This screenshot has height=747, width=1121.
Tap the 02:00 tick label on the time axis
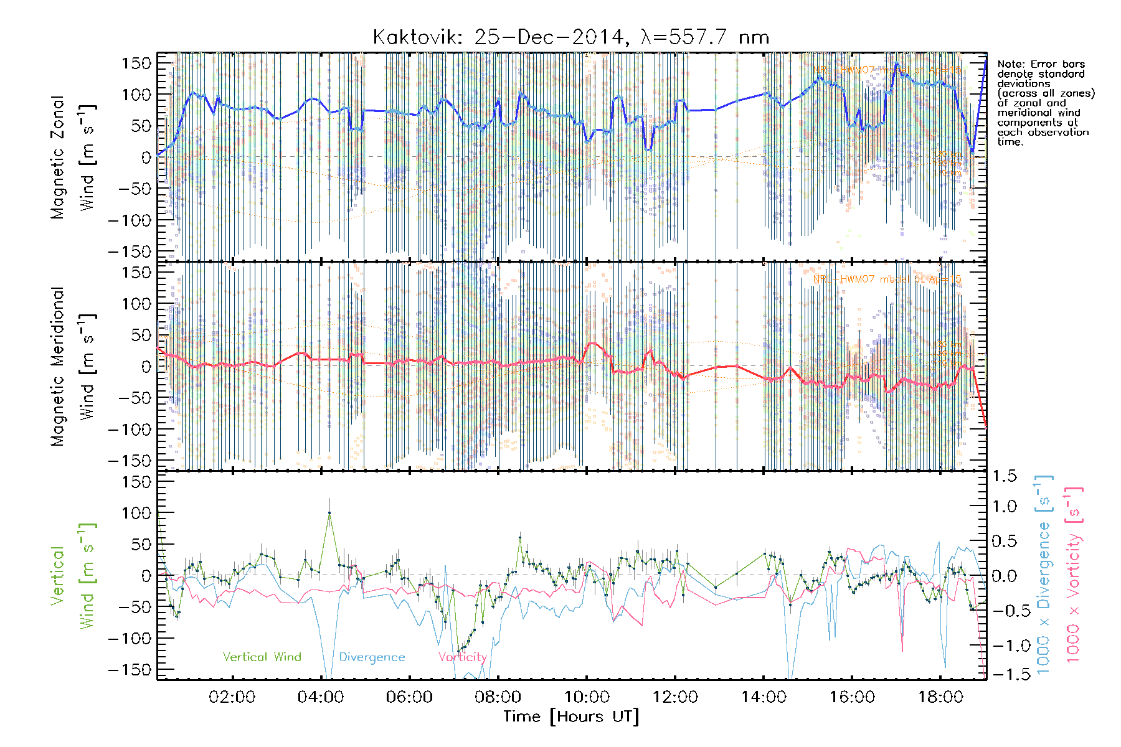[232, 697]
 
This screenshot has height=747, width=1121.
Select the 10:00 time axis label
[587, 697]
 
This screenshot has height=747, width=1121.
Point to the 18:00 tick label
[940, 697]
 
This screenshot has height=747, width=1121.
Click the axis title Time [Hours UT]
[571, 716]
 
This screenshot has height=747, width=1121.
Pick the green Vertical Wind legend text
[262, 657]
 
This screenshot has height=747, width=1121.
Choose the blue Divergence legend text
[372, 657]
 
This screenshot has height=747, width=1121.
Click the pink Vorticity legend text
[462, 657]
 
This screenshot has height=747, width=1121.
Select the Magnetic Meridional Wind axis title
[73, 367]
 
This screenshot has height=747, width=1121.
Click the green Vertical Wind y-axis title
[73, 576]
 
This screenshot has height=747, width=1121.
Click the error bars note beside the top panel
[1045, 103]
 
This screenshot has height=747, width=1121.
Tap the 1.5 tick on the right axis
[1004, 476]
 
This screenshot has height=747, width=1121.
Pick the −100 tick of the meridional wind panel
[130, 429]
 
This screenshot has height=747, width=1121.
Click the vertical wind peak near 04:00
[329, 512]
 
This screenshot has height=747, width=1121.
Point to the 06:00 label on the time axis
[409, 697]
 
